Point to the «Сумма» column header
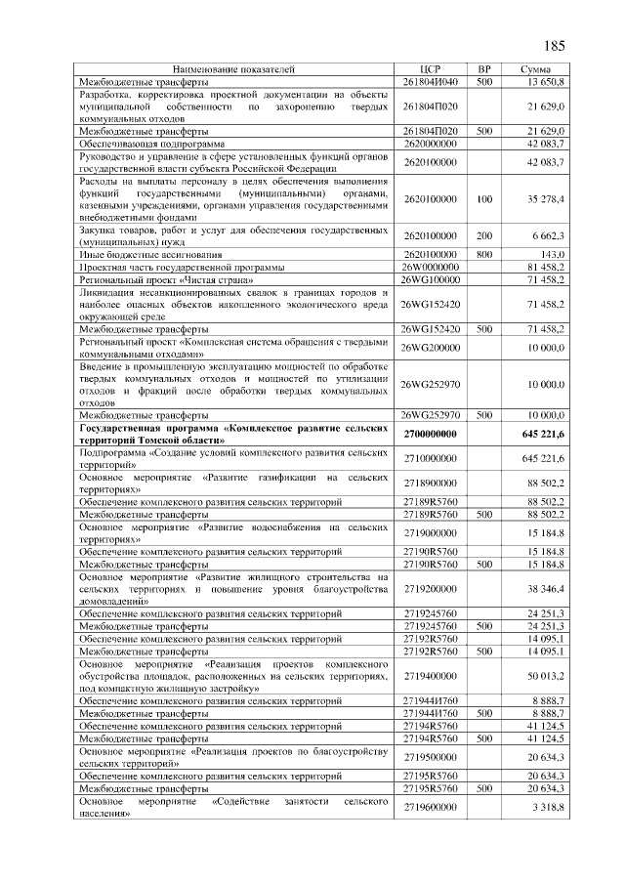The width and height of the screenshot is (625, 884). [536, 68]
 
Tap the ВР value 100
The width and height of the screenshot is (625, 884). [483, 199]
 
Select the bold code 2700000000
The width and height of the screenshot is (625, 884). [430, 433]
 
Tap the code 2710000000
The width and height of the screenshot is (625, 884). [430, 457]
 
